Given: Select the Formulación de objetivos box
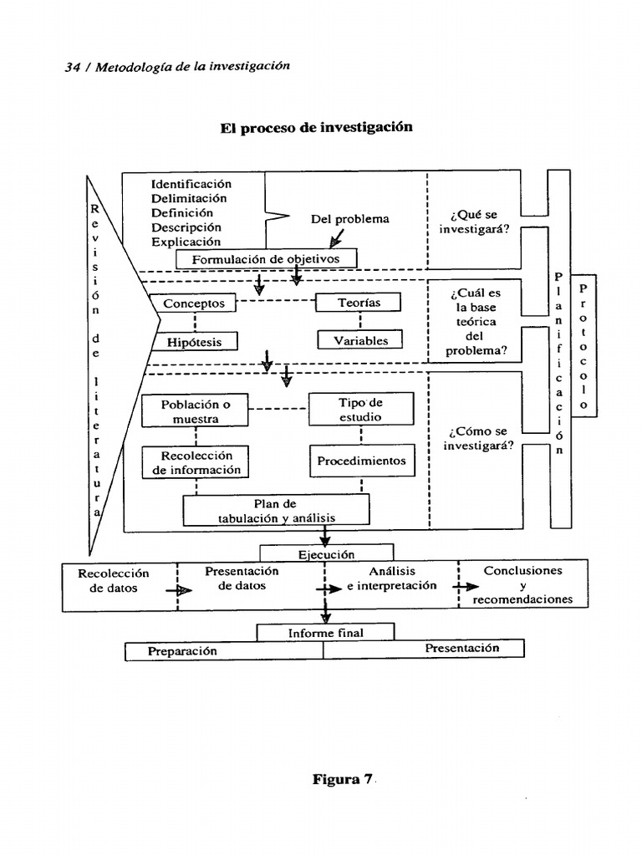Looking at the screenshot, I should coord(266,259).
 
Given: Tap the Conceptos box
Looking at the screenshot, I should coord(193,303).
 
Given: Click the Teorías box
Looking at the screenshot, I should coord(359,303).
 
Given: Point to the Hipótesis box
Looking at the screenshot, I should coord(193,341).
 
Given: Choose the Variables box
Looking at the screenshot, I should coord(360,340).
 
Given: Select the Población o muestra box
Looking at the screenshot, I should coord(195,411).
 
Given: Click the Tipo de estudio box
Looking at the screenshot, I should coord(360,409).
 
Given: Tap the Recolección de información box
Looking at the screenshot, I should coord(196,462).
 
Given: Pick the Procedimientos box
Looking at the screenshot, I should coord(361,461).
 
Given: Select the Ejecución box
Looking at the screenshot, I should coord(326,554).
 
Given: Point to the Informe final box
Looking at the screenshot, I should coord(325,633).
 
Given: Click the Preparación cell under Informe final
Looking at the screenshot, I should coord(182,651).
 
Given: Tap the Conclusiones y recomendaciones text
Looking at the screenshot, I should coord(522,585).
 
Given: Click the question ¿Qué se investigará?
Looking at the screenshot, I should coord(474,222).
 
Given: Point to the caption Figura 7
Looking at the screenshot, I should coord(342,780).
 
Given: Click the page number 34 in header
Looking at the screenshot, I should coord(72,68).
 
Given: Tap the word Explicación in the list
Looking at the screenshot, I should coord(191,242).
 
